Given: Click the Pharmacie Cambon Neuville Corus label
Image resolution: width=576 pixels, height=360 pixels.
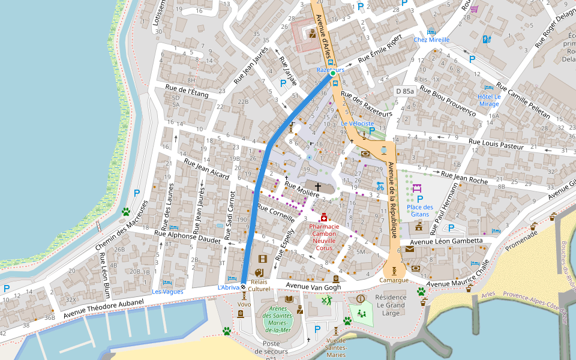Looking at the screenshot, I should point(324,237).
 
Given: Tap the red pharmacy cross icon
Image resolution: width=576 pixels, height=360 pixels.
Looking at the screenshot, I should point(324,217).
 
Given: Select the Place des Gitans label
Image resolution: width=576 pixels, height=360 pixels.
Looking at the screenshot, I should point(419,211).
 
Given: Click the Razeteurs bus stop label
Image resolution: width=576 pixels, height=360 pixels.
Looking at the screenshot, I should point(331,70).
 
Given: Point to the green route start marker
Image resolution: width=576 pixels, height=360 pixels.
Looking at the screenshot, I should point(332,74).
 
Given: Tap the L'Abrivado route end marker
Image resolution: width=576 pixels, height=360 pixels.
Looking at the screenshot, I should point(243,286).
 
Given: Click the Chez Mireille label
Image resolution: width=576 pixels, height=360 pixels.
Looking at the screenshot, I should point(431,40).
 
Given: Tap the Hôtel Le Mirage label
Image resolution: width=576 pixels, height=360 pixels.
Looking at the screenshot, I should point(489,100).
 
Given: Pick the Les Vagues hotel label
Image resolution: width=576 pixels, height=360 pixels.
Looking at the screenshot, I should point(167,292).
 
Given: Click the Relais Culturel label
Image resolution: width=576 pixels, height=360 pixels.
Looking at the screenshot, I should point(259,285).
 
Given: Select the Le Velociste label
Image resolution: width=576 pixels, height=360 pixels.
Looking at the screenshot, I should point(357,124).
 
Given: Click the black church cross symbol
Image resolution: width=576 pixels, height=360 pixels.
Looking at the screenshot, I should point(318,188).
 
